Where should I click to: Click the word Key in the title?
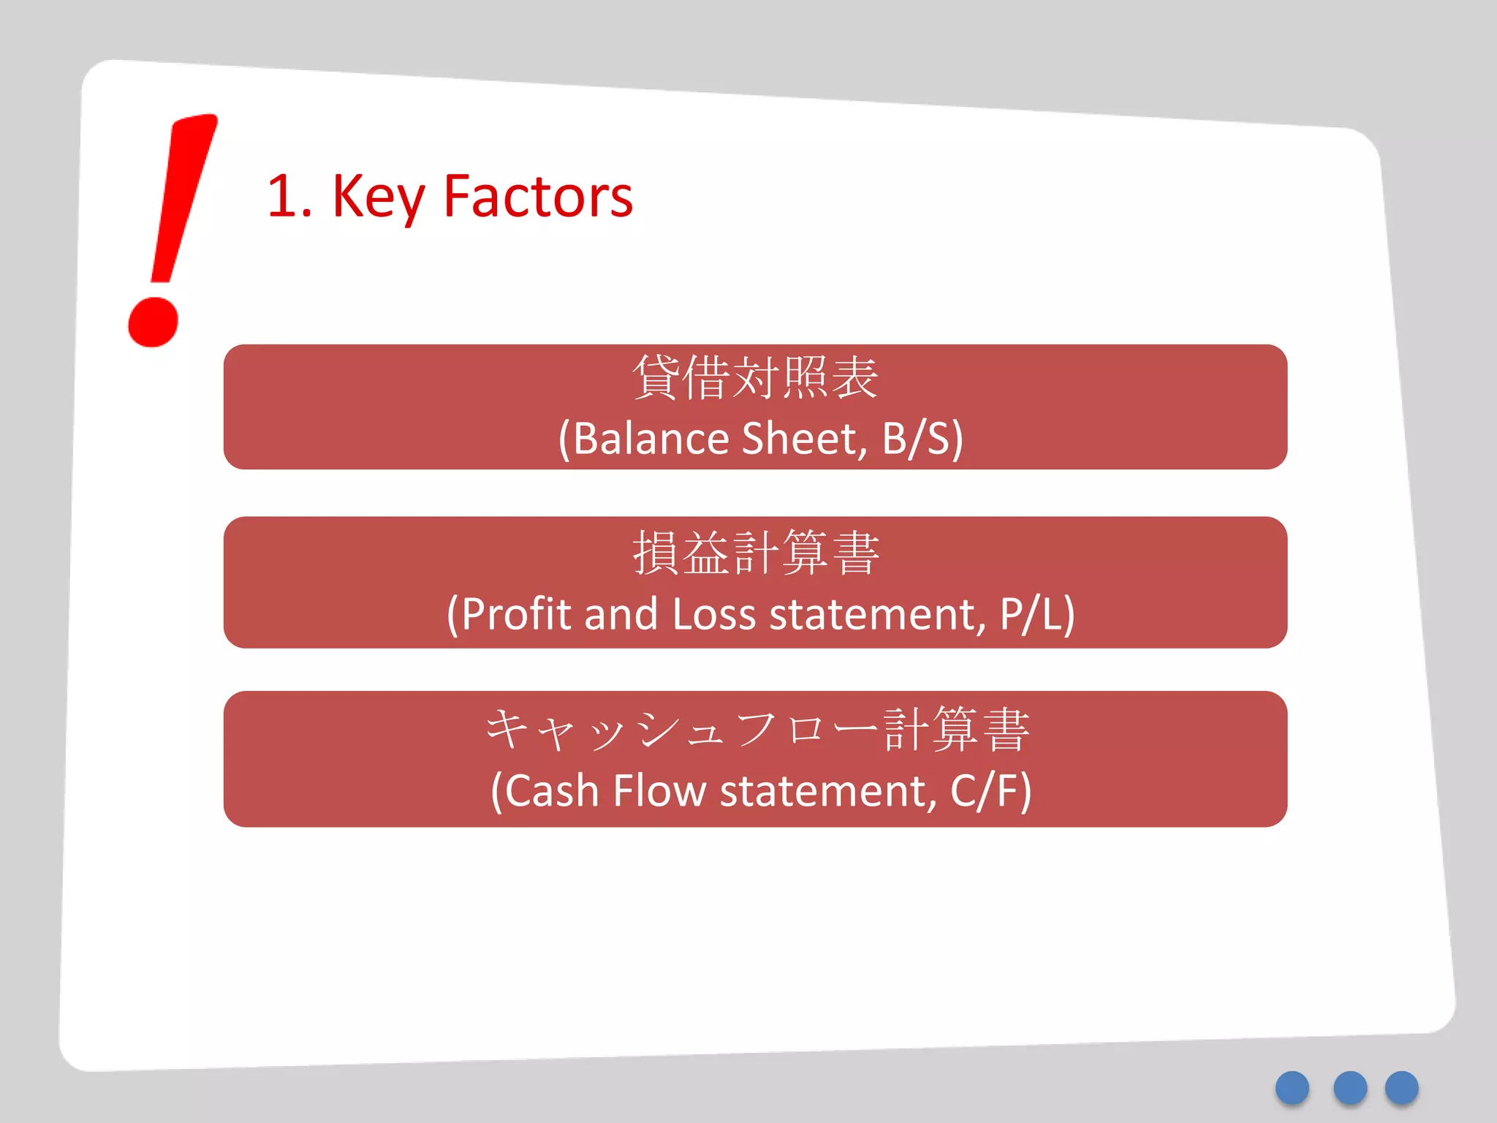(378, 197)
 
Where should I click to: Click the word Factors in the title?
(538, 197)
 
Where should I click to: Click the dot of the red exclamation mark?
(154, 322)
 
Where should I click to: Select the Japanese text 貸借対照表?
(755, 378)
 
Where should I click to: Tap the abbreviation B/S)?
(922, 439)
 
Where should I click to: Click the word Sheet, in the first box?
(804, 439)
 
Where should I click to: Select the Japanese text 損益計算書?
(755, 553)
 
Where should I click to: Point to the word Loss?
(713, 614)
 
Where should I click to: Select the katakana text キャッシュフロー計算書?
(757, 730)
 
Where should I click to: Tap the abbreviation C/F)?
(990, 791)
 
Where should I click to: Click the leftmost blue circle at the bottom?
(1292, 1088)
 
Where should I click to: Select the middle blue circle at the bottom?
(1350, 1088)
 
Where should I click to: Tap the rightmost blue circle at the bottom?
(1402, 1088)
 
